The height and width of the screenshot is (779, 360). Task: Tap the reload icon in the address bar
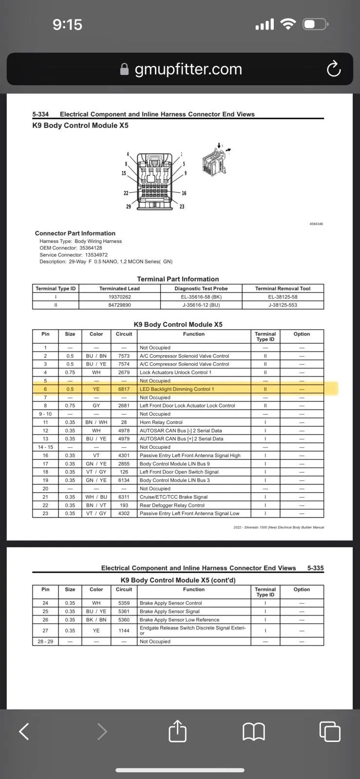(334, 69)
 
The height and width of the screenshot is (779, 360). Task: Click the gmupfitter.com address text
(188, 69)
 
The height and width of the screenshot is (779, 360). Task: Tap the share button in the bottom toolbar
(177, 731)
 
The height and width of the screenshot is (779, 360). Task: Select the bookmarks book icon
(254, 731)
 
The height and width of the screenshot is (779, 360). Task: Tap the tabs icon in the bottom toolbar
(330, 731)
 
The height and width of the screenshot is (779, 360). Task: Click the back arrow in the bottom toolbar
(24, 731)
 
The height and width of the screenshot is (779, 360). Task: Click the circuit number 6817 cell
(124, 389)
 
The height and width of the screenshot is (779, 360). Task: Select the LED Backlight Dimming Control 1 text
(177, 389)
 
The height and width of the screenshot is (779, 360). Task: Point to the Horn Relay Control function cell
(161, 422)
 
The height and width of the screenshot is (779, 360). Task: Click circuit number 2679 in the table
(124, 372)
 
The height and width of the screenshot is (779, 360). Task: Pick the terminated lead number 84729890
(119, 305)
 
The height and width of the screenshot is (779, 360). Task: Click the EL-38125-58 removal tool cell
(283, 297)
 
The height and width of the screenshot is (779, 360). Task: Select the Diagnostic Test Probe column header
(201, 288)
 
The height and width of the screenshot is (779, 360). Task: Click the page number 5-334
(40, 114)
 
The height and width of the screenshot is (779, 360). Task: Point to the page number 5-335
(316, 568)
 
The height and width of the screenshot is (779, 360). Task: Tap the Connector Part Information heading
(75, 233)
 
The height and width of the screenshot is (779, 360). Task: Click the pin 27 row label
(45, 631)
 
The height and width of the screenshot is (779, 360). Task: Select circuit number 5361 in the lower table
(124, 612)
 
